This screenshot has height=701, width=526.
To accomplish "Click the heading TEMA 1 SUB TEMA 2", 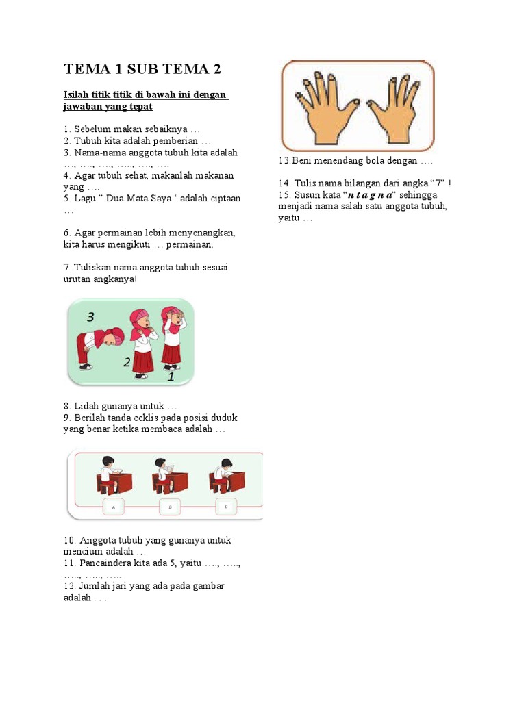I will click(142, 69).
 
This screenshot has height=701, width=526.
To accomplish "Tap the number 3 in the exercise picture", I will click(91, 317).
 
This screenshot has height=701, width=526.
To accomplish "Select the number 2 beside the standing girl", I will click(127, 362).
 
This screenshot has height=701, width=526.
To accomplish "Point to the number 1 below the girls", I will click(171, 376).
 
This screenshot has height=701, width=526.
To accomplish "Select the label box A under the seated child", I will click(113, 507).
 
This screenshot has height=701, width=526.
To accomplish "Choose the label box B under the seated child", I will click(169, 507).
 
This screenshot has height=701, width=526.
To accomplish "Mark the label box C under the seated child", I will click(225, 507).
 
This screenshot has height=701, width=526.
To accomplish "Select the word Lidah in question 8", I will click(86, 407).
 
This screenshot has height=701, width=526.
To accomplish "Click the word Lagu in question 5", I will click(85, 199).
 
